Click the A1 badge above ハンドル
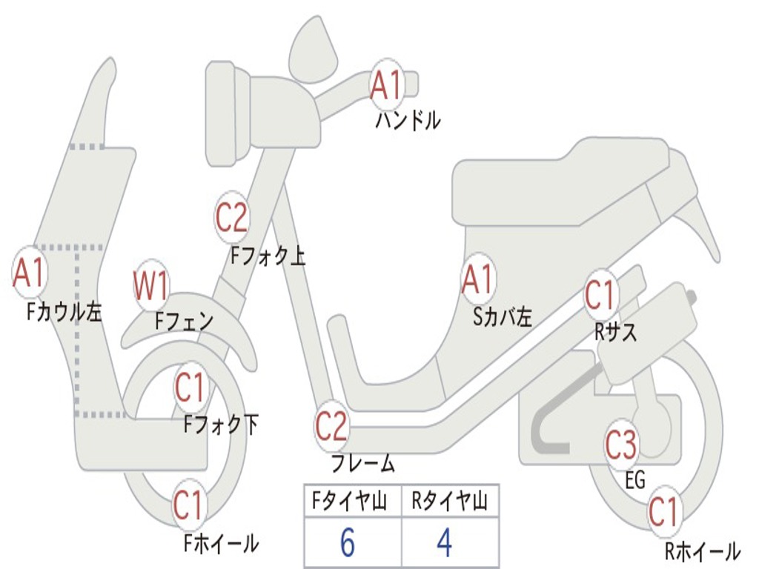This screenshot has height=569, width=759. point(386,84)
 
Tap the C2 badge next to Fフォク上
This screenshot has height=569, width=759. point(232,217)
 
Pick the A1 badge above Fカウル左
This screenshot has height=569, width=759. point(30,273)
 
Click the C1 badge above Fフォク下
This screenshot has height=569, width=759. point(191,387)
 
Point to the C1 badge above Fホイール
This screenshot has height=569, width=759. point(189,505)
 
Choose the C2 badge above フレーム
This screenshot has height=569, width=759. point(331,426)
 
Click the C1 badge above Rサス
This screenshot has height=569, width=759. point(601,295)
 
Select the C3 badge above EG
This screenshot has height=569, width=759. point(621,445)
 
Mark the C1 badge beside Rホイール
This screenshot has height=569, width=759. point(664,511)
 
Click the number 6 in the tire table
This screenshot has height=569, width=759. point(347,543)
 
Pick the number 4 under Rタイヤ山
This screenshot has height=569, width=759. point(445,543)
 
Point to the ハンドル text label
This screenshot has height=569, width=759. point(408,120)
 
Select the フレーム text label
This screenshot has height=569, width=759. point(363,465)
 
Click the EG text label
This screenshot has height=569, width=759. point(635,480)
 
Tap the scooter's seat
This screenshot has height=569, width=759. point(563,182)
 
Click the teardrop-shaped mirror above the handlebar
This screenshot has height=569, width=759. point(312,50)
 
